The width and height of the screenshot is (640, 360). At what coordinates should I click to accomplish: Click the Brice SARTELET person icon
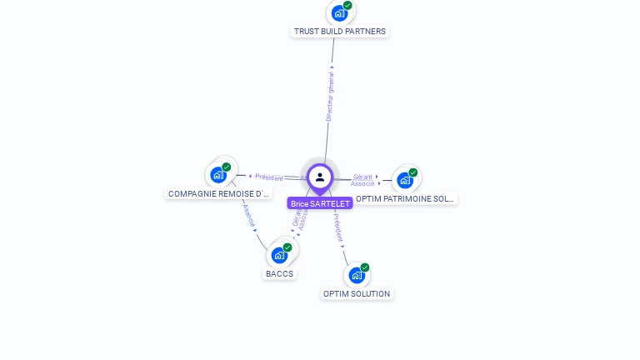pos(320,177)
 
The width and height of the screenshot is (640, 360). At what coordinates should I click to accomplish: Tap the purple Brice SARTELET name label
pos(320,203)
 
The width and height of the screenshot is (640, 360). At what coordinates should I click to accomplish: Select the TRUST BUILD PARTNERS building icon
pos(339,13)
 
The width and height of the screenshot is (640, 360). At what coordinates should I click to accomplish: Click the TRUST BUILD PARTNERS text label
pos(340,32)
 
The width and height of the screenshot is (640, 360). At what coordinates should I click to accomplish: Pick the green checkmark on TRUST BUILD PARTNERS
pos(347,6)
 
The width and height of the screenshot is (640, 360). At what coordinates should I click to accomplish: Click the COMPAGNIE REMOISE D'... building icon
pos(218,175)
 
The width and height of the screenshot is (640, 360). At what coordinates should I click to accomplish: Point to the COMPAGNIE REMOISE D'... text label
pos(219,193)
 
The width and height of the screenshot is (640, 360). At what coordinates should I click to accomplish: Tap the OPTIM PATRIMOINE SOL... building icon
pos(404,180)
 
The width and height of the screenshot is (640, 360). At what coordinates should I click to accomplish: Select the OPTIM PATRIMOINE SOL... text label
pos(405,198)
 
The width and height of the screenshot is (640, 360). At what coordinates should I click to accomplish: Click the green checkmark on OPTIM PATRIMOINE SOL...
pos(413,172)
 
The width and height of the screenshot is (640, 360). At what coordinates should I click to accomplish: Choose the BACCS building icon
pos(279,255)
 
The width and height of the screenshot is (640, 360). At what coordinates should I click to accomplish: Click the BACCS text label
pos(280,273)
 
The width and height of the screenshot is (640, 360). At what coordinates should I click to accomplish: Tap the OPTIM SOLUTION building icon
pos(357,275)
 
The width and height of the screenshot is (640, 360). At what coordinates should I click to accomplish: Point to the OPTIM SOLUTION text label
pos(357,293)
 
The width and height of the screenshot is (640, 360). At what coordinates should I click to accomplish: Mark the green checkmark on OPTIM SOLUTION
pos(365,267)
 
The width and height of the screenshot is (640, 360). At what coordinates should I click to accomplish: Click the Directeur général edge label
pos(329,97)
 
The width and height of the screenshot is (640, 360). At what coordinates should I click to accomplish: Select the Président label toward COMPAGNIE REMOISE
pos(269,177)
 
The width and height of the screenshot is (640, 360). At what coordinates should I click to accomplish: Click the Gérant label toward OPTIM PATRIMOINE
pos(362,177)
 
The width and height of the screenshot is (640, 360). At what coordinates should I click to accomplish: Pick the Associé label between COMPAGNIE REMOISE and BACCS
pos(247,216)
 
